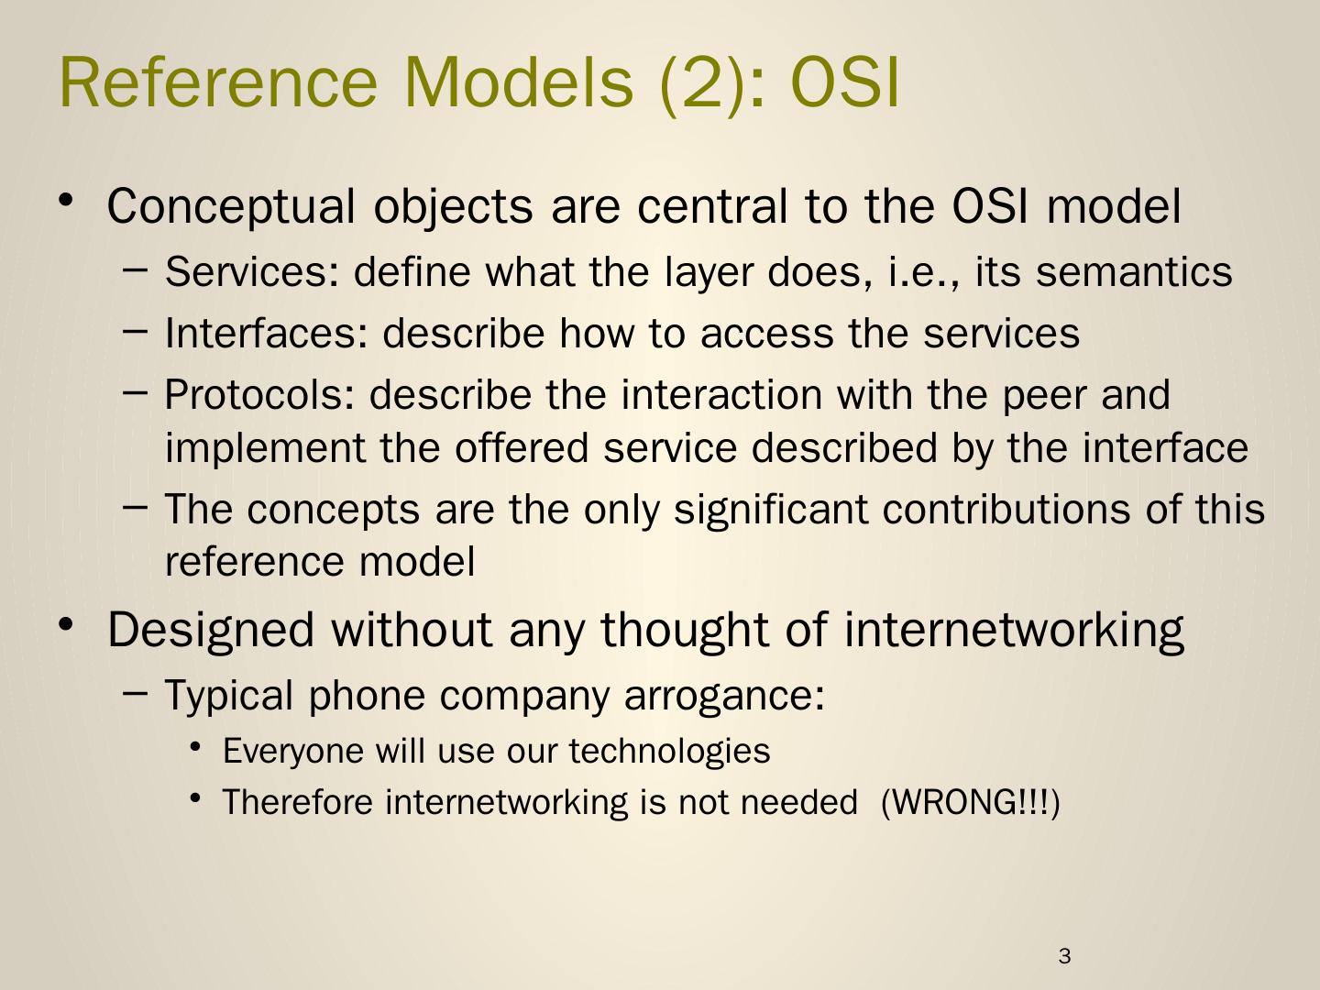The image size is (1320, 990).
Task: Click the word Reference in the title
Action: pyautogui.click(x=218, y=82)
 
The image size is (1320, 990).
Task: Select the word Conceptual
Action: pyautogui.click(x=231, y=207)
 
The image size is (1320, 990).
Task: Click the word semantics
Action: pyautogui.click(x=1134, y=271)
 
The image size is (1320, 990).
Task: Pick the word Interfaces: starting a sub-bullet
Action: pyautogui.click(x=267, y=333)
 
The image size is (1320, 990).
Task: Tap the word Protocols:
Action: pyautogui.click(x=259, y=394)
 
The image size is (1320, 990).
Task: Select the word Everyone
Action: pyautogui.click(x=293, y=752)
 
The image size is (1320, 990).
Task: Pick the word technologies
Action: pyautogui.click(x=669, y=752)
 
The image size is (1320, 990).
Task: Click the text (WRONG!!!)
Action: pyautogui.click(x=970, y=802)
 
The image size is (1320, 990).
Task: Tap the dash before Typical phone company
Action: pyautogui.click(x=135, y=693)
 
